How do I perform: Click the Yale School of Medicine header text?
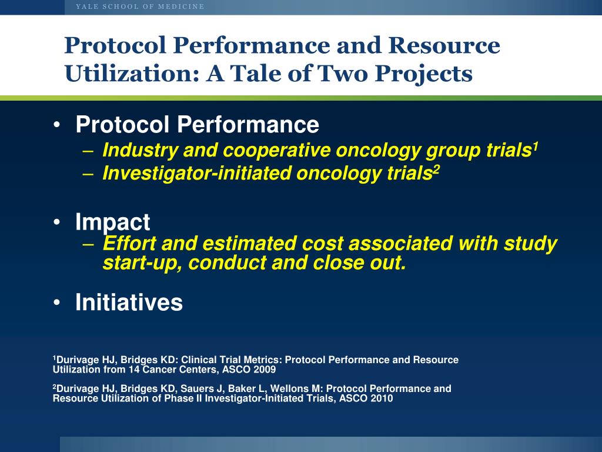[140, 6]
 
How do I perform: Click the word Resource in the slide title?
[444, 45]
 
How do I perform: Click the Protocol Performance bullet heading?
[198, 125]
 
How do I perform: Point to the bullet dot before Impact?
[57, 222]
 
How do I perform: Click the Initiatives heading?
[129, 302]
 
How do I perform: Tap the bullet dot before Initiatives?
[57, 303]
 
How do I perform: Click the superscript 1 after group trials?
[535, 147]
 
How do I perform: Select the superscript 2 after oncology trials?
[436, 170]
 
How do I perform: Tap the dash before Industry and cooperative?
[88, 151]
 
